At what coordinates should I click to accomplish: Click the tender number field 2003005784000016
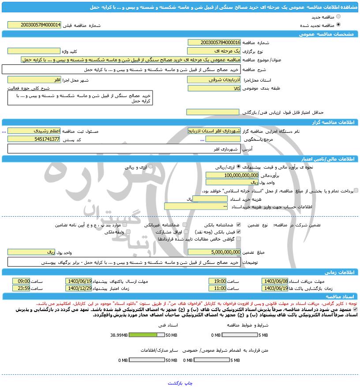point(214,42)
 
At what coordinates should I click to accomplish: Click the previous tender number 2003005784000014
point(35,25)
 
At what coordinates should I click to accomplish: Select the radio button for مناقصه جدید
point(338,16)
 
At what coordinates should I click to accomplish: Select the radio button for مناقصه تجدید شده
point(338,25)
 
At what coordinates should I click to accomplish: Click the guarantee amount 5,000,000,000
point(214,252)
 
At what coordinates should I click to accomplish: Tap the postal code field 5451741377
point(34,139)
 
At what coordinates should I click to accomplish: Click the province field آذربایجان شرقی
point(214,80)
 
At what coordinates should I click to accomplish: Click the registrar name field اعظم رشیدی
point(34,131)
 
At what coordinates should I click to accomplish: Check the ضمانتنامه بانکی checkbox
point(239,225)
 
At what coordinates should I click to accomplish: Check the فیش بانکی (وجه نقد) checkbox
point(239,232)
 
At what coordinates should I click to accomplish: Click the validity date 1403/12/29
point(79,288)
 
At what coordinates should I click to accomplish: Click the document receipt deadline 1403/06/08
point(275,281)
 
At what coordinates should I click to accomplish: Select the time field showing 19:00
point(217,281)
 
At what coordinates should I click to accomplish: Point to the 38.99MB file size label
point(119,335)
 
